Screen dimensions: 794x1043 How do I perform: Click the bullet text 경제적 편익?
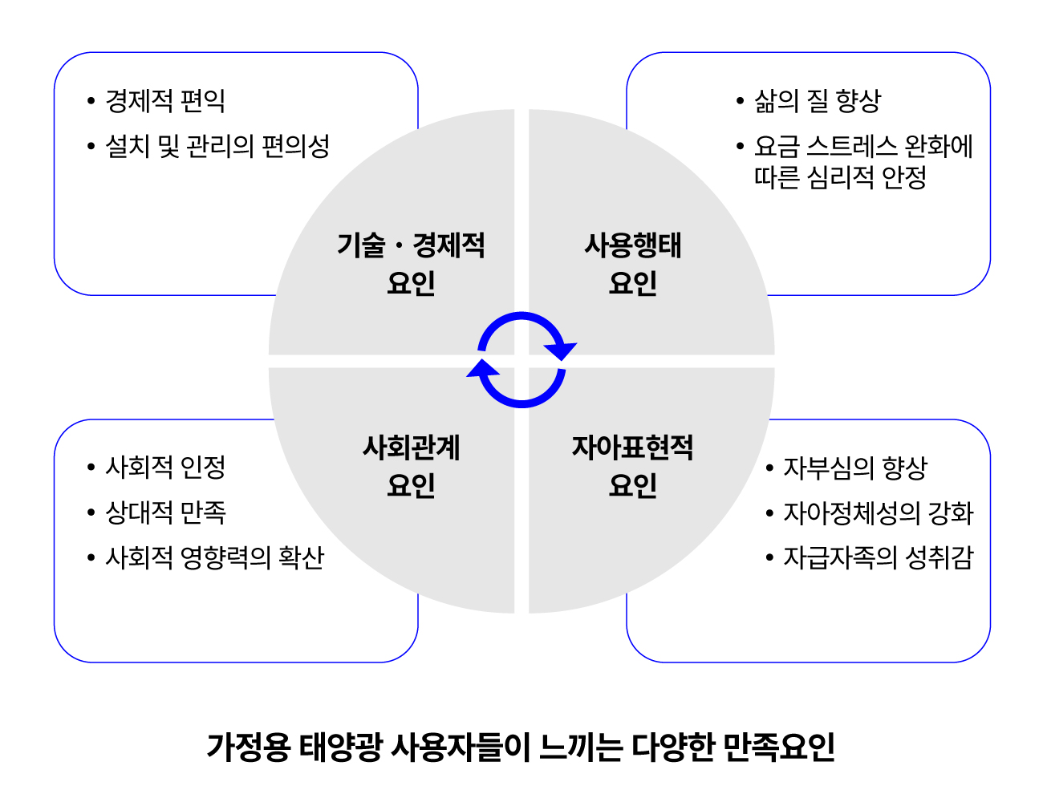[165, 101]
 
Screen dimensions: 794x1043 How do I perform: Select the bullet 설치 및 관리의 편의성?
[217, 146]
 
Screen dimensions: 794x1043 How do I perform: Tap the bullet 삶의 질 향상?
[817, 101]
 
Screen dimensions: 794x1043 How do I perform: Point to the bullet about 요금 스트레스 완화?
[862, 161]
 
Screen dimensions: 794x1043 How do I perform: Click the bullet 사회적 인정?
[165, 467]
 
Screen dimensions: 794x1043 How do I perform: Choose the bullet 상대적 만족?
[165, 512]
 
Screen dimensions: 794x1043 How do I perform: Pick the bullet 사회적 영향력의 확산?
[214, 557]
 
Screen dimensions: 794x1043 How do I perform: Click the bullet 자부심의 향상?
[854, 468]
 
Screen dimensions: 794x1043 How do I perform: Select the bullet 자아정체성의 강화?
[878, 512]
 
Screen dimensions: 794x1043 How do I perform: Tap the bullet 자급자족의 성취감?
[878, 557]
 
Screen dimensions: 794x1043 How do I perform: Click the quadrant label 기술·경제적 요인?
[411, 264]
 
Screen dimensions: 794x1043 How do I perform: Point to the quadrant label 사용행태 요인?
[633, 264]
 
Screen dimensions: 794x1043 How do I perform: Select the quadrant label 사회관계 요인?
[411, 466]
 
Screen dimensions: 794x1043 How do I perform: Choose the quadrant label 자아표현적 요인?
[633, 466]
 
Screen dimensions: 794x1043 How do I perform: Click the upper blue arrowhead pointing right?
[561, 349]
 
